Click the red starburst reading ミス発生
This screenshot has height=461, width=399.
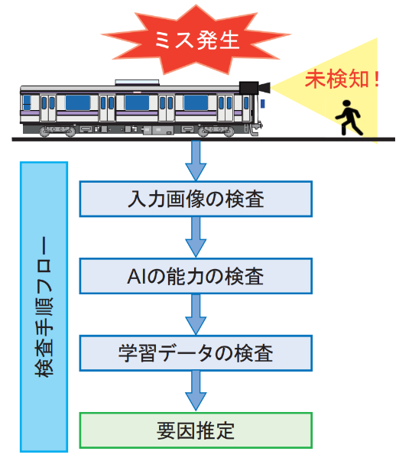tap(196, 40)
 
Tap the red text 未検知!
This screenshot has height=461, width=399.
tap(342, 79)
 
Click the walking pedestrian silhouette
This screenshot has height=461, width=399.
tap(349, 118)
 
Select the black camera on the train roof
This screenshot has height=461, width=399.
tap(255, 88)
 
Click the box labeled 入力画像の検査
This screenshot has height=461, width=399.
tap(196, 199)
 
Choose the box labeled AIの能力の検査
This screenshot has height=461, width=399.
tap(196, 276)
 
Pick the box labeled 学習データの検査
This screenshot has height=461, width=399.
tap(196, 353)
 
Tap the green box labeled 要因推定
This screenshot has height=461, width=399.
tap(196, 430)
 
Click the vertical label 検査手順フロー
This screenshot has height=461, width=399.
tap(44, 307)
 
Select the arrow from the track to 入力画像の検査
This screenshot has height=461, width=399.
tap(196, 161)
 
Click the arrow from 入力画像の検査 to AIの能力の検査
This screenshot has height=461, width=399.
tap(196, 237)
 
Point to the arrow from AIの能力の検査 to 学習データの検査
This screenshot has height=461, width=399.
tap(196, 314)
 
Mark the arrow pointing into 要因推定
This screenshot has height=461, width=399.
tap(196, 391)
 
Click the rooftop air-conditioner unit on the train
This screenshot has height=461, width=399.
tap(137, 83)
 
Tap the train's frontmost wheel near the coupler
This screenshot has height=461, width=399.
tap(229, 132)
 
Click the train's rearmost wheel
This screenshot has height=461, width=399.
tap(44, 131)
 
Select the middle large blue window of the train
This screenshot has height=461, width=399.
tap(137, 102)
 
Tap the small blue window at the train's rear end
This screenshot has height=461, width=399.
tap(27, 102)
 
